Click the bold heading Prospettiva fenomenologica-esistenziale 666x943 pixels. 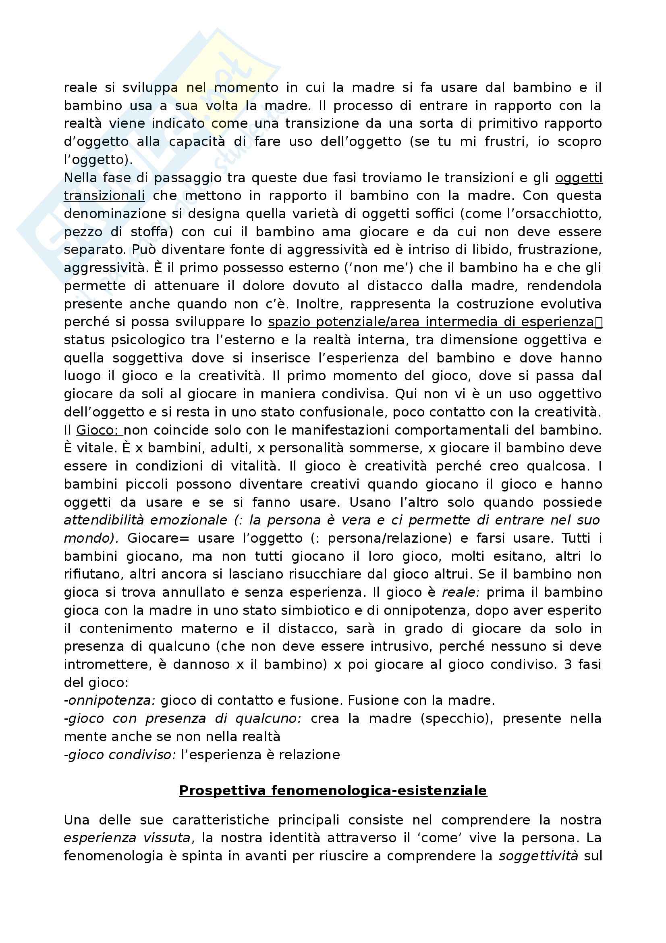333,790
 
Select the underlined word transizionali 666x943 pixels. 104,196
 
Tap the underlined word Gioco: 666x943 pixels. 99,430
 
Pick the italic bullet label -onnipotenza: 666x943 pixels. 110,700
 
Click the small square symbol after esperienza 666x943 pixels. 599,323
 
